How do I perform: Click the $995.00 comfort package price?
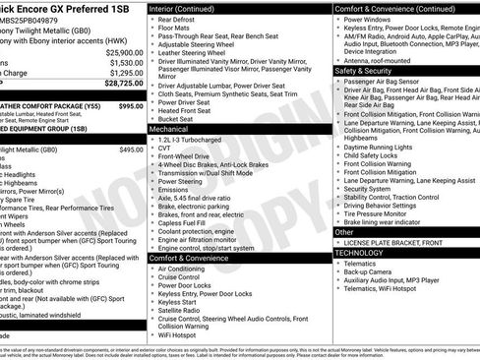tap(131, 104)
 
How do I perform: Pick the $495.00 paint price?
tap(131, 150)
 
